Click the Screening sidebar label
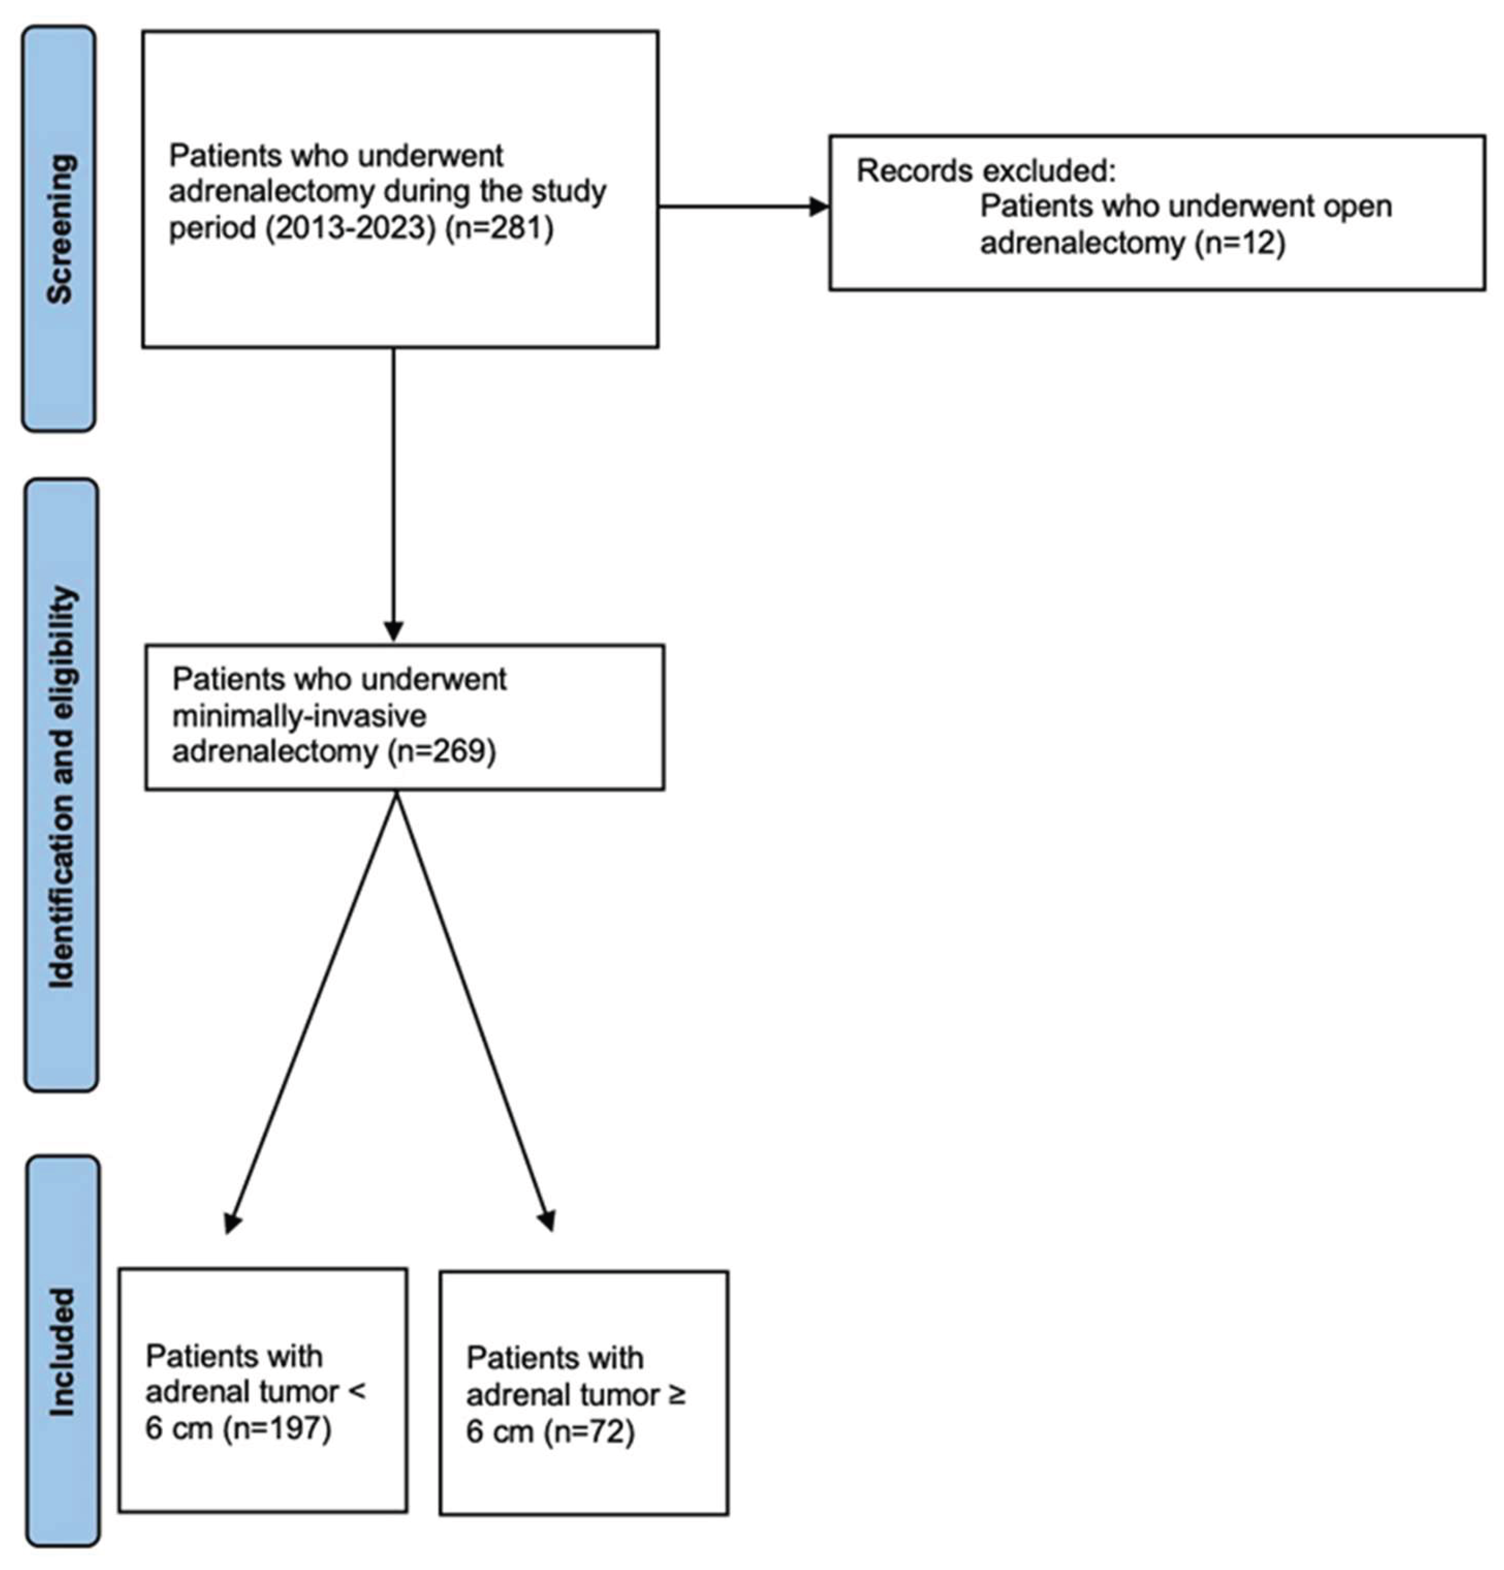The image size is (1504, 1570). pyautogui.click(x=59, y=228)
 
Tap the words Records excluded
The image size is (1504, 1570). pyautogui.click(x=985, y=171)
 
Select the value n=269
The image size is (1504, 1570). pyautogui.click(x=441, y=751)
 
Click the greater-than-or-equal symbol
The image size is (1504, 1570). pyautogui.click(x=676, y=1395)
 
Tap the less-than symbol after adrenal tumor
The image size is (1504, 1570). pyautogui.click(x=356, y=1392)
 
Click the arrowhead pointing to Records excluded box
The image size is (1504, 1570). pyautogui.click(x=819, y=206)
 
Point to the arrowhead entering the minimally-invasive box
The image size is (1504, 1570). pyautogui.click(x=393, y=630)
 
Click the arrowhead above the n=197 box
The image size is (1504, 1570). pyautogui.click(x=232, y=1221)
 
